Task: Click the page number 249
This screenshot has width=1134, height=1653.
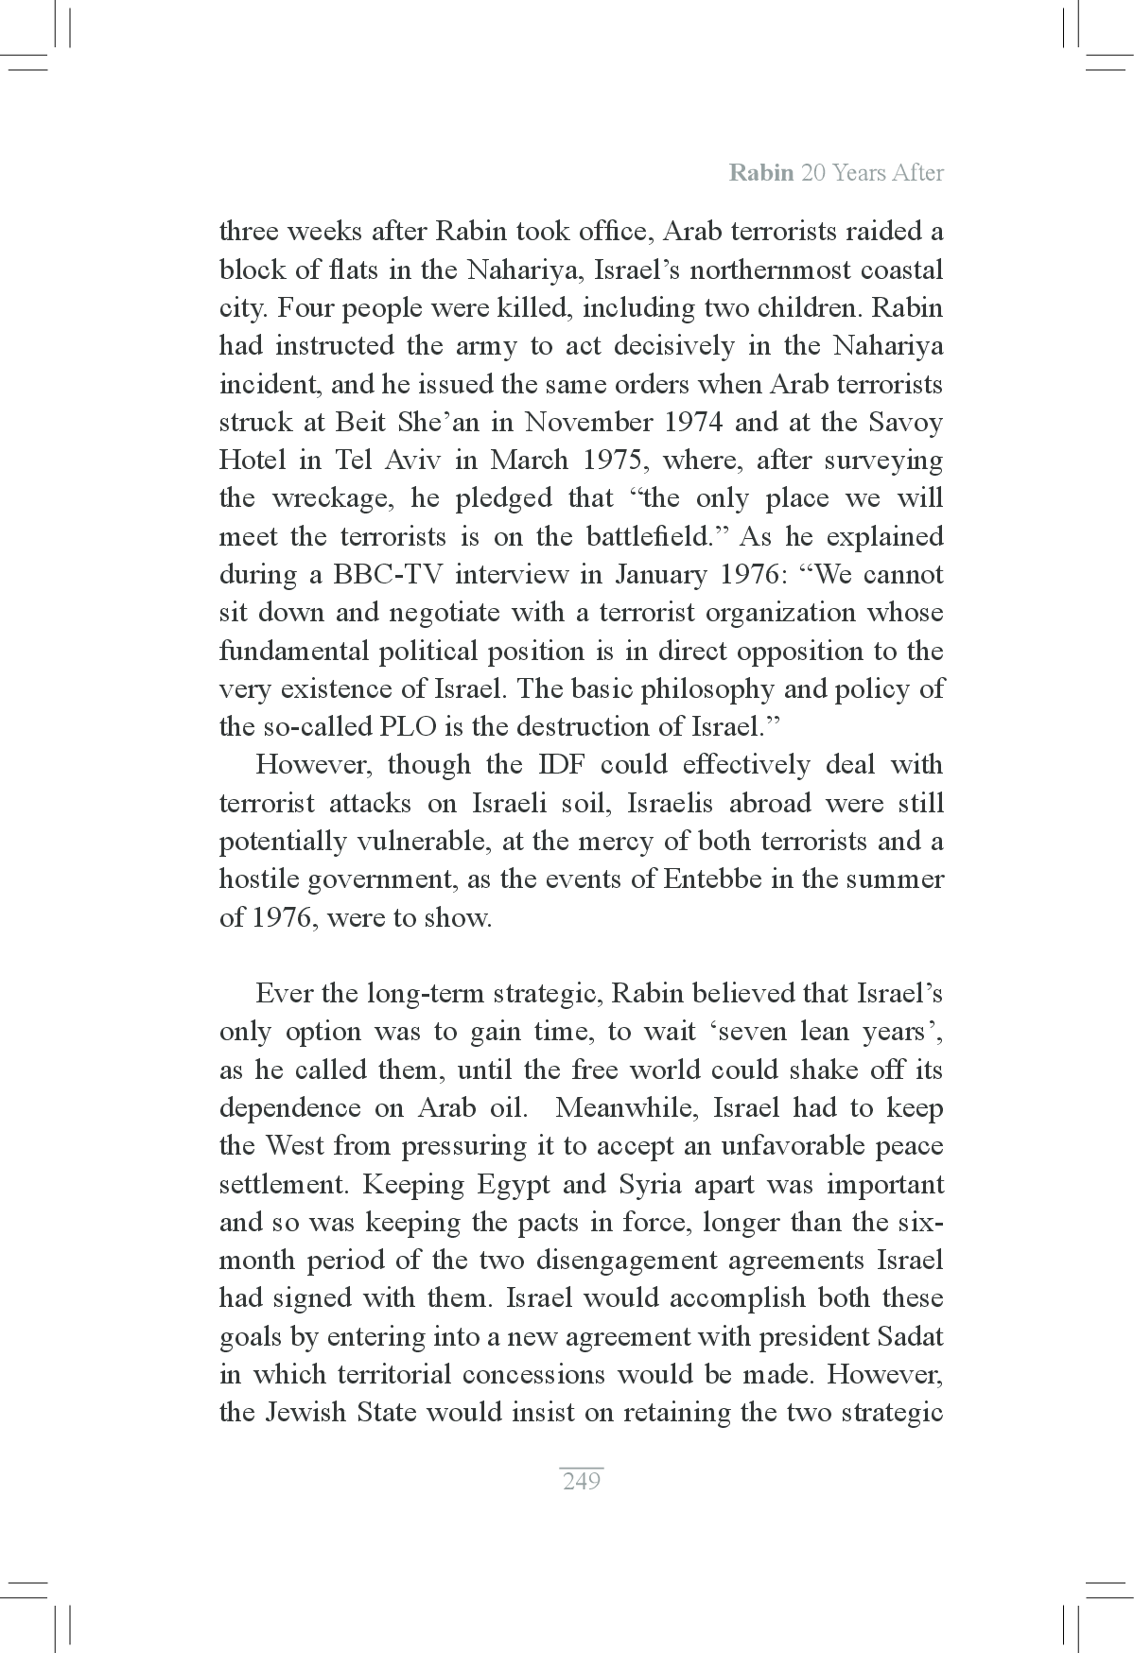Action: coord(581,1481)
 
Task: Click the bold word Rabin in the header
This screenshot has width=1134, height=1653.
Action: coord(761,173)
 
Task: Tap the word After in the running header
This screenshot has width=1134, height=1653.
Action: coord(913,173)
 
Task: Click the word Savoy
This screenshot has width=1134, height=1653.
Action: coord(905,422)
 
